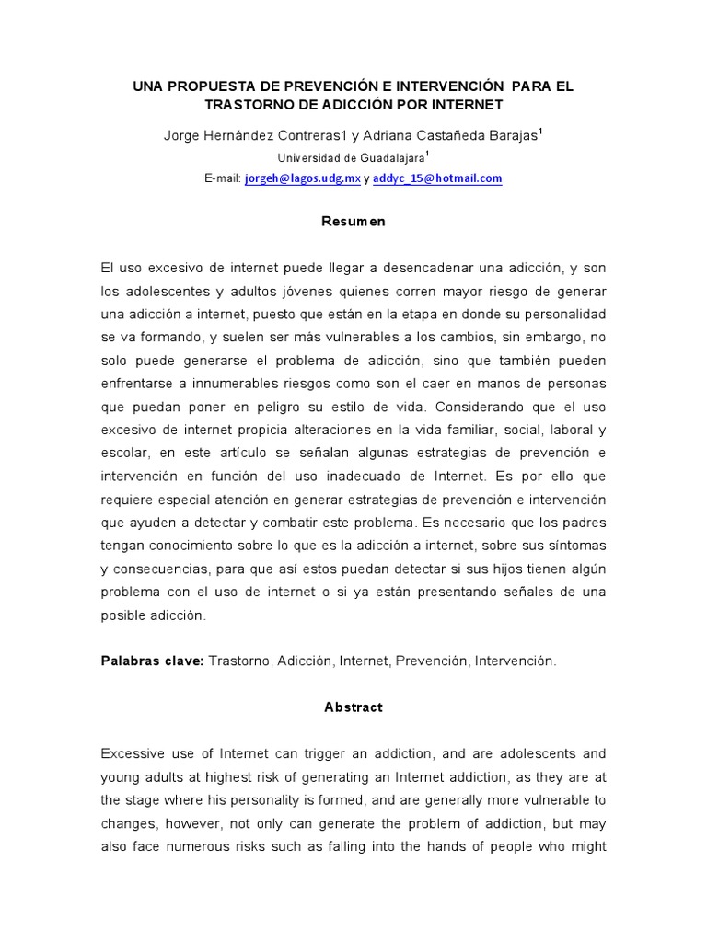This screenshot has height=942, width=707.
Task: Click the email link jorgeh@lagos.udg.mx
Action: pyautogui.click(x=302, y=178)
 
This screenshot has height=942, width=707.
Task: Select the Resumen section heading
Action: pyautogui.click(x=353, y=222)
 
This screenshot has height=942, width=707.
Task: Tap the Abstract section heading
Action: pyautogui.click(x=353, y=707)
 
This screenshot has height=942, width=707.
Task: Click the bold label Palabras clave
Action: pyautogui.click(x=152, y=661)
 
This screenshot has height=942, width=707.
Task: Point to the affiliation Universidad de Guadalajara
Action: pyautogui.click(x=350, y=157)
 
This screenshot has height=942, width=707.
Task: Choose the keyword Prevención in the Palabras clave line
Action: pyautogui.click(x=432, y=661)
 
